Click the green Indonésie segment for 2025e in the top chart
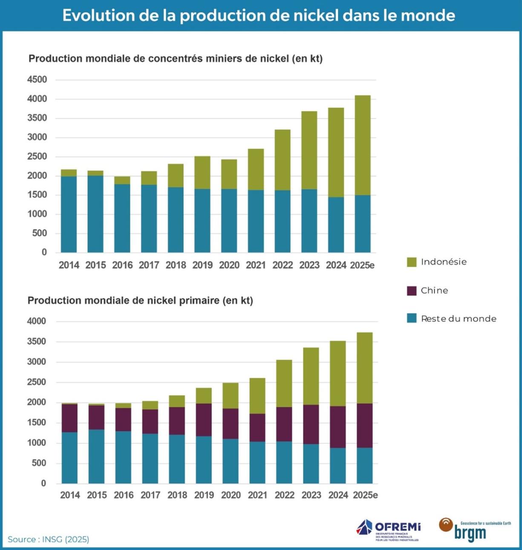pyautogui.click(x=363, y=145)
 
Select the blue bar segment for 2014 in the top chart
pyautogui.click(x=69, y=214)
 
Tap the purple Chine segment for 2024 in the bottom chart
pyautogui.click(x=337, y=427)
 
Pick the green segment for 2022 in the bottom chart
pyautogui.click(x=284, y=384)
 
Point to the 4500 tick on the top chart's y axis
pyautogui.click(x=37, y=80)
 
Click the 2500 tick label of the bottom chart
pyautogui.click(x=37, y=382)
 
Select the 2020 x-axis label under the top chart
pyautogui.click(x=229, y=265)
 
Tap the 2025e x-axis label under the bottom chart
pyautogui.click(x=365, y=495)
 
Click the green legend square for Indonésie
pyautogui.click(x=412, y=262)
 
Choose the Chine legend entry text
pyautogui.click(x=434, y=290)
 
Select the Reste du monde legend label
pyautogui.click(x=459, y=318)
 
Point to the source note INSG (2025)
pyautogui.click(x=48, y=539)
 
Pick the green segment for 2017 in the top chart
pyautogui.click(x=149, y=178)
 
